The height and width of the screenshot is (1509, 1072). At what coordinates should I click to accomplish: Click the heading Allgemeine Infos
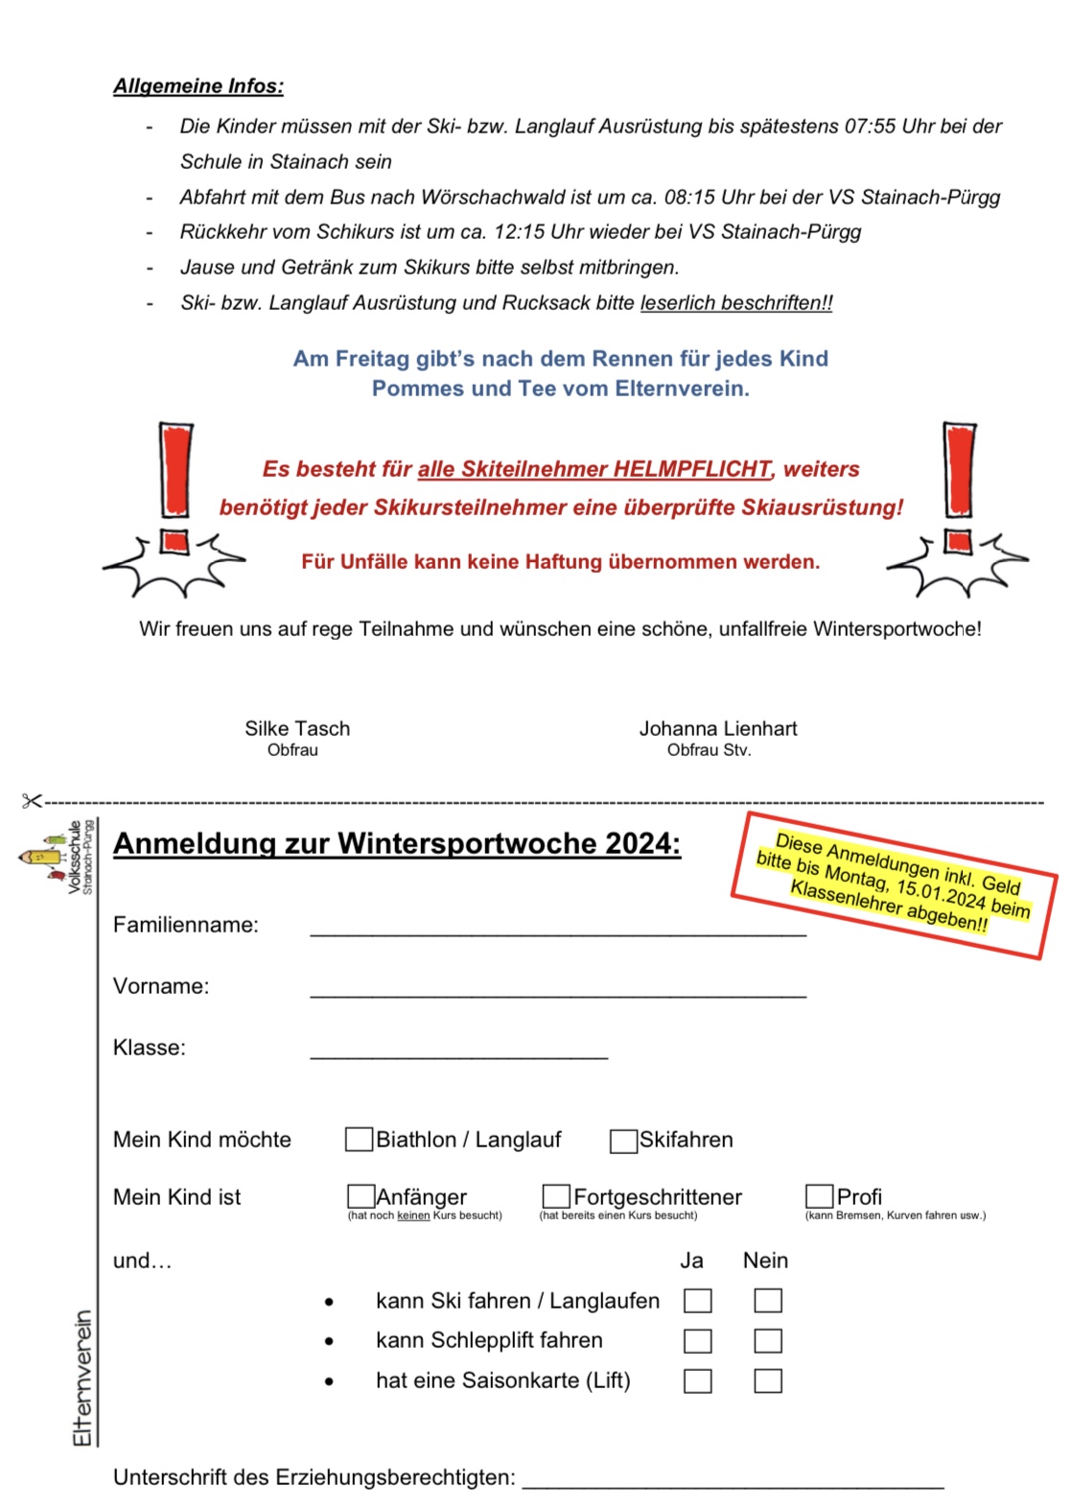tap(198, 86)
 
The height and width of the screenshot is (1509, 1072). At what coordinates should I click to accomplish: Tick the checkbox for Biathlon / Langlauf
tap(359, 1139)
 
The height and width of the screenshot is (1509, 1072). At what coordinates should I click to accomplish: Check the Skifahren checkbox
tap(623, 1141)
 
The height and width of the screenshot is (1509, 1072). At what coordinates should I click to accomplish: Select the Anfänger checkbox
tap(361, 1196)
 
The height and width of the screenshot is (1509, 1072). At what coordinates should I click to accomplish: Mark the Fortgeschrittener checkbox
tap(556, 1196)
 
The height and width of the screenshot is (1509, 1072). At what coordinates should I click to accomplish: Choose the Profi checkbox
tap(819, 1196)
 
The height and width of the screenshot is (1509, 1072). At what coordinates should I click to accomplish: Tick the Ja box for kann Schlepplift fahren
tap(697, 1340)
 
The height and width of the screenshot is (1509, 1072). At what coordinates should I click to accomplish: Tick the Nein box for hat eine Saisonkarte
tap(767, 1380)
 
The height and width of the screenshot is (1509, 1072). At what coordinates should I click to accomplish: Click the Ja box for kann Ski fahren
tap(697, 1301)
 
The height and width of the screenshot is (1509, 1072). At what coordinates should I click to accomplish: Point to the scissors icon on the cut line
tap(33, 800)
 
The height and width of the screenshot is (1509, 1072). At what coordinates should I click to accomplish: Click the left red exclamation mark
tap(175, 489)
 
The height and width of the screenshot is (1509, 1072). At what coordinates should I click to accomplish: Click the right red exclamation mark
tap(959, 489)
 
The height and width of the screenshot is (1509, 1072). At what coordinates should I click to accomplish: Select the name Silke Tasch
tap(297, 729)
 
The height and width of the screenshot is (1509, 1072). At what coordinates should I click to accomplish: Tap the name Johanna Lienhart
tap(718, 729)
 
